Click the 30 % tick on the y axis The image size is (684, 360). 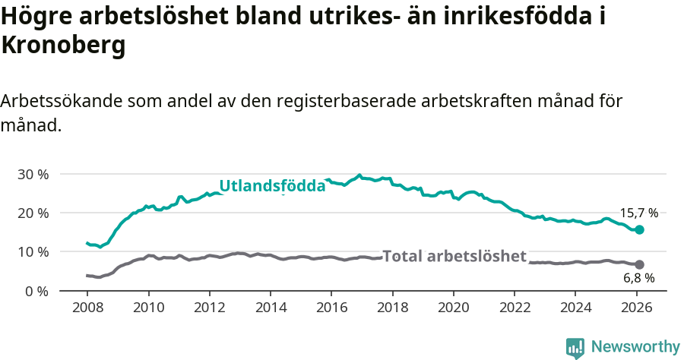(32, 174)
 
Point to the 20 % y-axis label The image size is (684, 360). (32, 213)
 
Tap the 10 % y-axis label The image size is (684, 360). (32, 251)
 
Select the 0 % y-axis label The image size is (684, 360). (36, 291)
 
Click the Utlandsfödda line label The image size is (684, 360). (272, 186)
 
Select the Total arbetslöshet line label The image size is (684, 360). (454, 257)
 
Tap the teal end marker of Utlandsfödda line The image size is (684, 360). (639, 229)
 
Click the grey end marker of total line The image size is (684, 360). (639, 264)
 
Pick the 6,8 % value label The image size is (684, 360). (639, 279)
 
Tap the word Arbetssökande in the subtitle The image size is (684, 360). (61, 101)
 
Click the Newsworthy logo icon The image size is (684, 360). (575, 347)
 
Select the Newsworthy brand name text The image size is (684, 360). (635, 347)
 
